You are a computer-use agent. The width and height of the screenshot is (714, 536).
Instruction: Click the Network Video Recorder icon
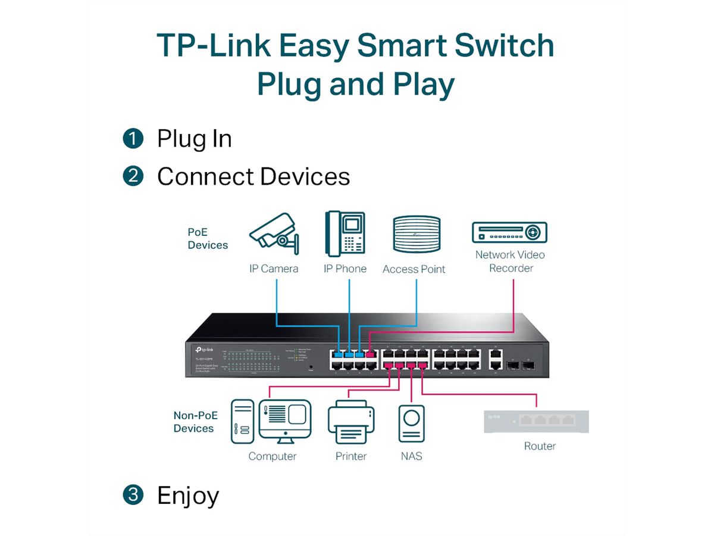click(509, 232)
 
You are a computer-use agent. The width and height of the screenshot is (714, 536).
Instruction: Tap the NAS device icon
click(411, 424)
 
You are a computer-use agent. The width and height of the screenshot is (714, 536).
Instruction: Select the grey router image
click(536, 421)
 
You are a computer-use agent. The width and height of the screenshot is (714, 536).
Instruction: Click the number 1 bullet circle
click(133, 139)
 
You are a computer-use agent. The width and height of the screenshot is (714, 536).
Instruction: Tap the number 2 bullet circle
click(133, 176)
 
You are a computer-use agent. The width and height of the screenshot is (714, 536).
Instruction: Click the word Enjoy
click(188, 495)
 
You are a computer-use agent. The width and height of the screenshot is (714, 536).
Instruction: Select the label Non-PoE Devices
click(195, 422)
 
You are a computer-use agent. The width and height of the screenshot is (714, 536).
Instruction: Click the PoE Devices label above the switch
click(208, 238)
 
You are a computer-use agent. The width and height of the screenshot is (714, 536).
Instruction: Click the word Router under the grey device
click(540, 446)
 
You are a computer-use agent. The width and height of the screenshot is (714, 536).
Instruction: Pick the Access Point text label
click(414, 269)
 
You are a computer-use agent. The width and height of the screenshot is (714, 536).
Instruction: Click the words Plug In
click(194, 139)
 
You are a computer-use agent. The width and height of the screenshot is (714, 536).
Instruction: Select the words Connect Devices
click(253, 176)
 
